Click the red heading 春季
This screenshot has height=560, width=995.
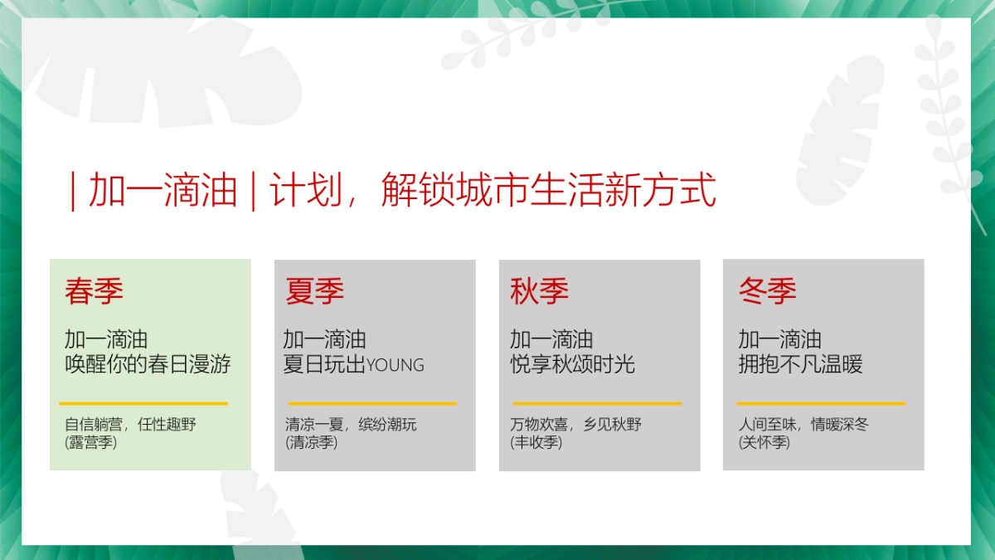point(95,291)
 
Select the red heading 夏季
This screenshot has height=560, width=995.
point(315,291)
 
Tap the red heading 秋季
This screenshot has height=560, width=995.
point(540,291)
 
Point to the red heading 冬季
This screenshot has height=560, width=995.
point(768,291)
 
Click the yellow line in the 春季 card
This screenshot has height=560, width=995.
point(143,404)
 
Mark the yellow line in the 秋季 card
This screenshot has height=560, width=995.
point(596,404)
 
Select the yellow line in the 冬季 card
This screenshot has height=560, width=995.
point(821,404)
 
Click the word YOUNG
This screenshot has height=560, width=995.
point(396,365)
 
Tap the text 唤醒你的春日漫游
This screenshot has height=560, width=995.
point(148,364)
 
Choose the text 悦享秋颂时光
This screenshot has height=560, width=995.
point(572,364)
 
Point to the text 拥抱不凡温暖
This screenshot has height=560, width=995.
point(800,364)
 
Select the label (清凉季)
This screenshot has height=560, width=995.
point(312,443)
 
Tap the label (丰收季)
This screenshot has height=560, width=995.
point(536,443)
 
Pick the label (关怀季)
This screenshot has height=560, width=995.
point(764,443)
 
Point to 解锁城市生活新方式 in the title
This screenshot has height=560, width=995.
point(549,191)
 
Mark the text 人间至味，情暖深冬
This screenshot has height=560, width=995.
point(803,425)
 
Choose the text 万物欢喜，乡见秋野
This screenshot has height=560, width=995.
point(576,425)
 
